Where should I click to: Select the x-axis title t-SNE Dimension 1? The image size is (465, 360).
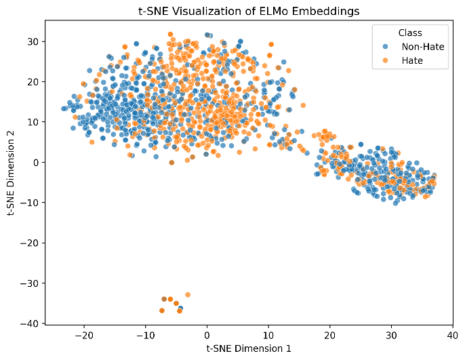pos(249,348)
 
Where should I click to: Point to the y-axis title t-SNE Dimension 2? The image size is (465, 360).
pos(11,173)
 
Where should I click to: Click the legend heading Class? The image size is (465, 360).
pos(410,33)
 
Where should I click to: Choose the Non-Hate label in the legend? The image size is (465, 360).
pos(423,47)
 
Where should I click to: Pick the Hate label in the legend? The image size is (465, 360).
pos(412,60)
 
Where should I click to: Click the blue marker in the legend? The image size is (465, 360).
pos(385,47)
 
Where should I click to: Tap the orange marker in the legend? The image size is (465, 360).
pos(385,60)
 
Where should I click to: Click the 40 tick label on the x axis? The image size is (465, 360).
pos(453,336)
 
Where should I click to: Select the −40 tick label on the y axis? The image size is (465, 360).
pos(30,323)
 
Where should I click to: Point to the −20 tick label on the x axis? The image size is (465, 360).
pos(84,336)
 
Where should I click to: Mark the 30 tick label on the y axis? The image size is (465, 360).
pos(33,41)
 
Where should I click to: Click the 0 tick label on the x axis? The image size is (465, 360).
pos(207,336)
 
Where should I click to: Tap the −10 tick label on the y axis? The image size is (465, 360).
pos(30,203)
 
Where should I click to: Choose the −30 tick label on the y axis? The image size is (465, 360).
pos(30,283)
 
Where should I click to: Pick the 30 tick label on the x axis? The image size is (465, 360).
pos(391,336)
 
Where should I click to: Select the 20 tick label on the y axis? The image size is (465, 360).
pos(33,82)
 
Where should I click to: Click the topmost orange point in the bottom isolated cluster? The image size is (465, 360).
pos(188,295)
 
